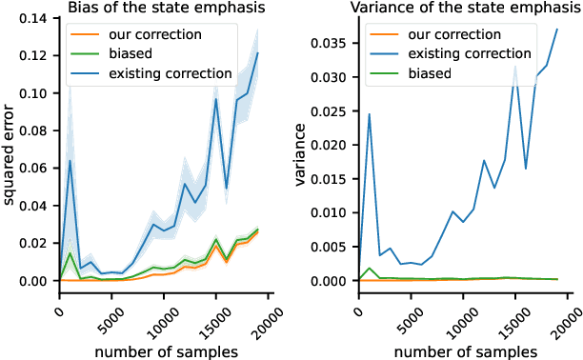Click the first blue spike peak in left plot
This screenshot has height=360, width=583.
(x=70, y=161)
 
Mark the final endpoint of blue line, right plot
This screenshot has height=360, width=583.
(x=556, y=30)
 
